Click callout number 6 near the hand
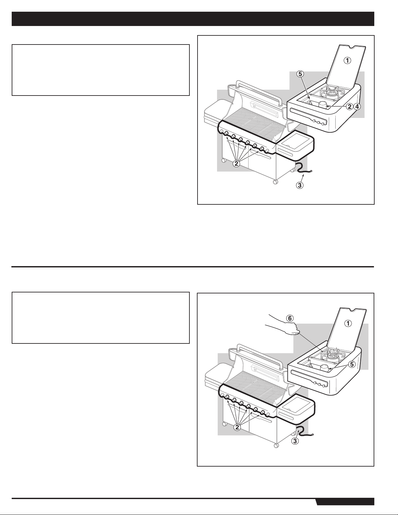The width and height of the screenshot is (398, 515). click(290, 318)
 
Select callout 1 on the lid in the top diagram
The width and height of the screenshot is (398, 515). click(347, 61)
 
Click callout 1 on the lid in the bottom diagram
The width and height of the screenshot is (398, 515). click(348, 323)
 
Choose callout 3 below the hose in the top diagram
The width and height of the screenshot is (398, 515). click(300, 185)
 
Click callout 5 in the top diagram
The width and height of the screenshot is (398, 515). click(300, 74)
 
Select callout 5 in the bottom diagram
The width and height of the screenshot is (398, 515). click(352, 364)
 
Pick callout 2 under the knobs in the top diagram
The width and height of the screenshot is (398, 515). click(236, 163)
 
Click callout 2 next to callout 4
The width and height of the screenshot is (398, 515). click(349, 107)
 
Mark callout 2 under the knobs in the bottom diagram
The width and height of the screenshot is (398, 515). click(237, 427)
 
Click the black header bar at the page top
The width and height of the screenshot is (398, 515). click(193, 19)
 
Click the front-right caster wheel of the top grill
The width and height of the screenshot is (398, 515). click(275, 182)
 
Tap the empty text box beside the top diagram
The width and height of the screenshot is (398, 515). click(101, 70)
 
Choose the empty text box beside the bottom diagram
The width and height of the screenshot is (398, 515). click(101, 318)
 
